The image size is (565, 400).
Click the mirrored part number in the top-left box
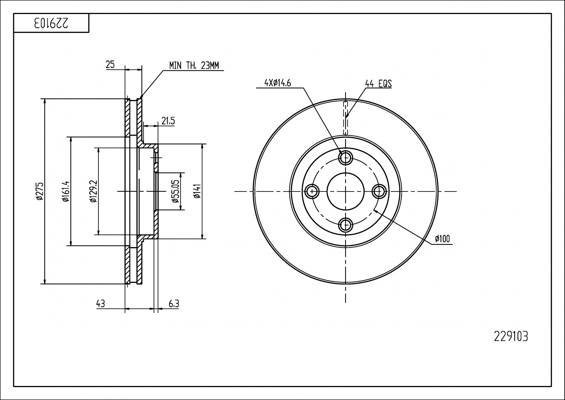[51, 23]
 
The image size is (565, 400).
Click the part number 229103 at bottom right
[511, 337]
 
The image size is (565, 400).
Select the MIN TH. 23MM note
[194, 65]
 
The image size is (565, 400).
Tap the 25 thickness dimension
[110, 65]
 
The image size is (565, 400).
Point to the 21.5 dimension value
[168, 121]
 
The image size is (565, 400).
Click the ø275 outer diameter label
[39, 191]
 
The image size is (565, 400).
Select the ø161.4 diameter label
[65, 191]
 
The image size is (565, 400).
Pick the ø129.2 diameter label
[93, 191]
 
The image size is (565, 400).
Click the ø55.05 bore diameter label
[175, 191]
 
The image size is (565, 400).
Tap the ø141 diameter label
[197, 191]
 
